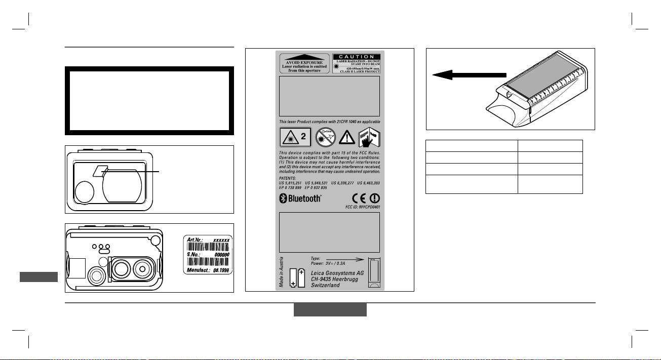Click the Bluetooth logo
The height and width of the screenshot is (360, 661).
point(301,198)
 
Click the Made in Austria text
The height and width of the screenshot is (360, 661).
point(282,272)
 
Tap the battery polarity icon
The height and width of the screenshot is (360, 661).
point(297,278)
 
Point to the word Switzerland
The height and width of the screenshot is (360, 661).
point(325,286)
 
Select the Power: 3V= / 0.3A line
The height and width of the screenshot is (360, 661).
point(328,263)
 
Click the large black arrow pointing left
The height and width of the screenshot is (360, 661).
point(469,75)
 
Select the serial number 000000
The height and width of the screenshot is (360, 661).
point(221,255)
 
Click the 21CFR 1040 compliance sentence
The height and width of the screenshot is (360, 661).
point(329,122)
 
